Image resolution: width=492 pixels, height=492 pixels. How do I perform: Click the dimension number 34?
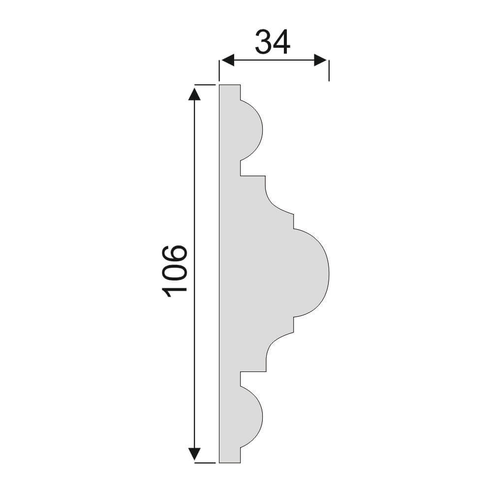pos(273,42)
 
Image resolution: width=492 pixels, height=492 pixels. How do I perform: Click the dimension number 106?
pos(175,271)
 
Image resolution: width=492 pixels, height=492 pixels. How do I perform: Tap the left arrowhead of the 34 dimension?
pos(227,60)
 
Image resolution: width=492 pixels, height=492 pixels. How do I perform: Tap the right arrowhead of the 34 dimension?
pos(320,60)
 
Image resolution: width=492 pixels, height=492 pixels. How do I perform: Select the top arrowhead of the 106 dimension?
pos(194,94)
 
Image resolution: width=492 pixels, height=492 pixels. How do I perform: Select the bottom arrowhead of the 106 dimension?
pos(194,454)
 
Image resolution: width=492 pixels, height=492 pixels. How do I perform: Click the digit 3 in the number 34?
pos(263,42)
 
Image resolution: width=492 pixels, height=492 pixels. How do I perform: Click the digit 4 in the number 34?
pos(281,42)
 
